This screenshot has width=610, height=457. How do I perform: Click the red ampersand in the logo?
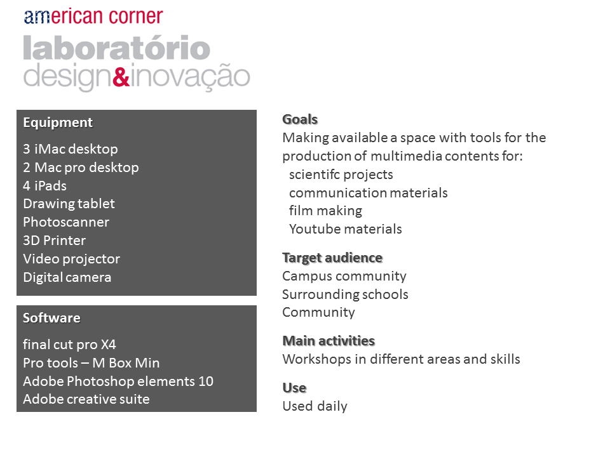tap(121, 76)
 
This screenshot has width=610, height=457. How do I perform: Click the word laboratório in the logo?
tap(117, 48)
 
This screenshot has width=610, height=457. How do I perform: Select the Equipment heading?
tap(58, 123)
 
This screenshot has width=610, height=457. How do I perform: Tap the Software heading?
tap(51, 318)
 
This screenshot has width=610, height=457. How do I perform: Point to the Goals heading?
tap(300, 119)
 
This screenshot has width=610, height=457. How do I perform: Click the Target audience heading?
tap(332, 258)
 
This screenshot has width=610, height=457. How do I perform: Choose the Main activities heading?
tap(329, 341)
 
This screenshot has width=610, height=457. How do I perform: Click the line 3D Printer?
tap(54, 241)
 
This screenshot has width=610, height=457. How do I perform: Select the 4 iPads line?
tap(44, 186)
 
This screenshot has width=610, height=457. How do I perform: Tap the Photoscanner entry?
tap(66, 222)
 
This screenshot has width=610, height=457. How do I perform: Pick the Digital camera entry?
tap(67, 277)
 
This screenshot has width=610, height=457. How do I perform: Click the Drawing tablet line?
tap(69, 204)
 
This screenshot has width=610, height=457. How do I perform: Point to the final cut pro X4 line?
tap(69, 345)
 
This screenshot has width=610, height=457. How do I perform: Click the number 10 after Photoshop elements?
tap(206, 381)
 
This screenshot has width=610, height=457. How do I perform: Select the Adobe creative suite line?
tap(86, 399)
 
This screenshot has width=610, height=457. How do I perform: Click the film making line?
tap(325, 211)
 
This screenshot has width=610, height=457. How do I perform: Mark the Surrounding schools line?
tap(345, 295)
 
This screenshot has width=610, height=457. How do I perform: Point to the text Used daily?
tap(315, 406)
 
